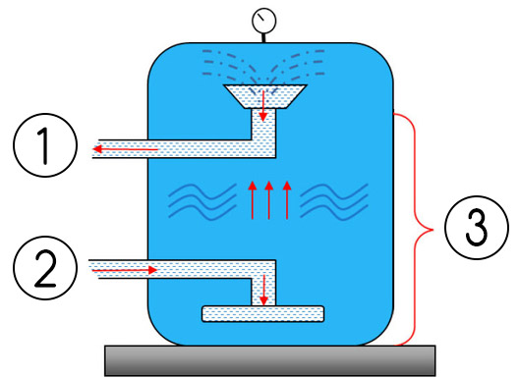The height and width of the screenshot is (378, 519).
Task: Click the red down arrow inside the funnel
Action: click(x=263, y=102)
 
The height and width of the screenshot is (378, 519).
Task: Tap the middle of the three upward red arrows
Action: click(x=269, y=199)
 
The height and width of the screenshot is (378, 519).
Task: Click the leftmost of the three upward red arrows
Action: click(x=252, y=199)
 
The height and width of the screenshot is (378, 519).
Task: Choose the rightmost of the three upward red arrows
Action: click(x=286, y=199)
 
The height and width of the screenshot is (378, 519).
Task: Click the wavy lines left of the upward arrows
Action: click(x=201, y=200)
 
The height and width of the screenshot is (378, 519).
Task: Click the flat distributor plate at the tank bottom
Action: click(x=262, y=315)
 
